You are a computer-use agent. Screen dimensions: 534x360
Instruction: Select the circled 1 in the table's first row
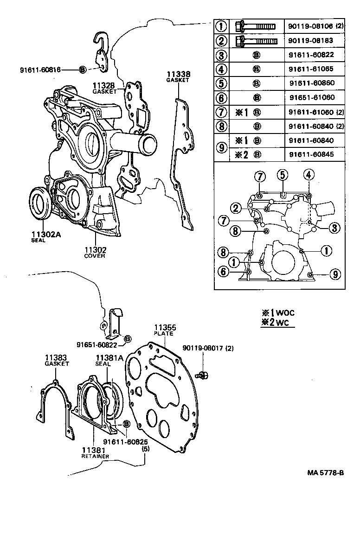click(222, 26)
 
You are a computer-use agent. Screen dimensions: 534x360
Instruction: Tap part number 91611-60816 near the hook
click(40, 70)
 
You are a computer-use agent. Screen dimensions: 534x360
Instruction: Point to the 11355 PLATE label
click(164, 330)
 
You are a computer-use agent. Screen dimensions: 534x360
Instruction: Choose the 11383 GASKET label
click(57, 360)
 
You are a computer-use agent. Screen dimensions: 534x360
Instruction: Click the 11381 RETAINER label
click(95, 452)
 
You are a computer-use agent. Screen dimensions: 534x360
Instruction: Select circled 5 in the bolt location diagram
click(281, 175)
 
